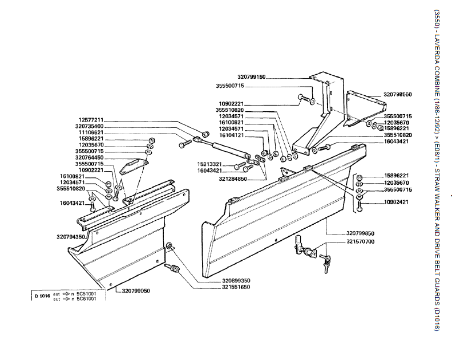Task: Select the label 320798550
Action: click(398, 95)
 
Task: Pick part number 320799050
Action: click(136, 291)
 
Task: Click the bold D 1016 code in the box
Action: click(42, 296)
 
